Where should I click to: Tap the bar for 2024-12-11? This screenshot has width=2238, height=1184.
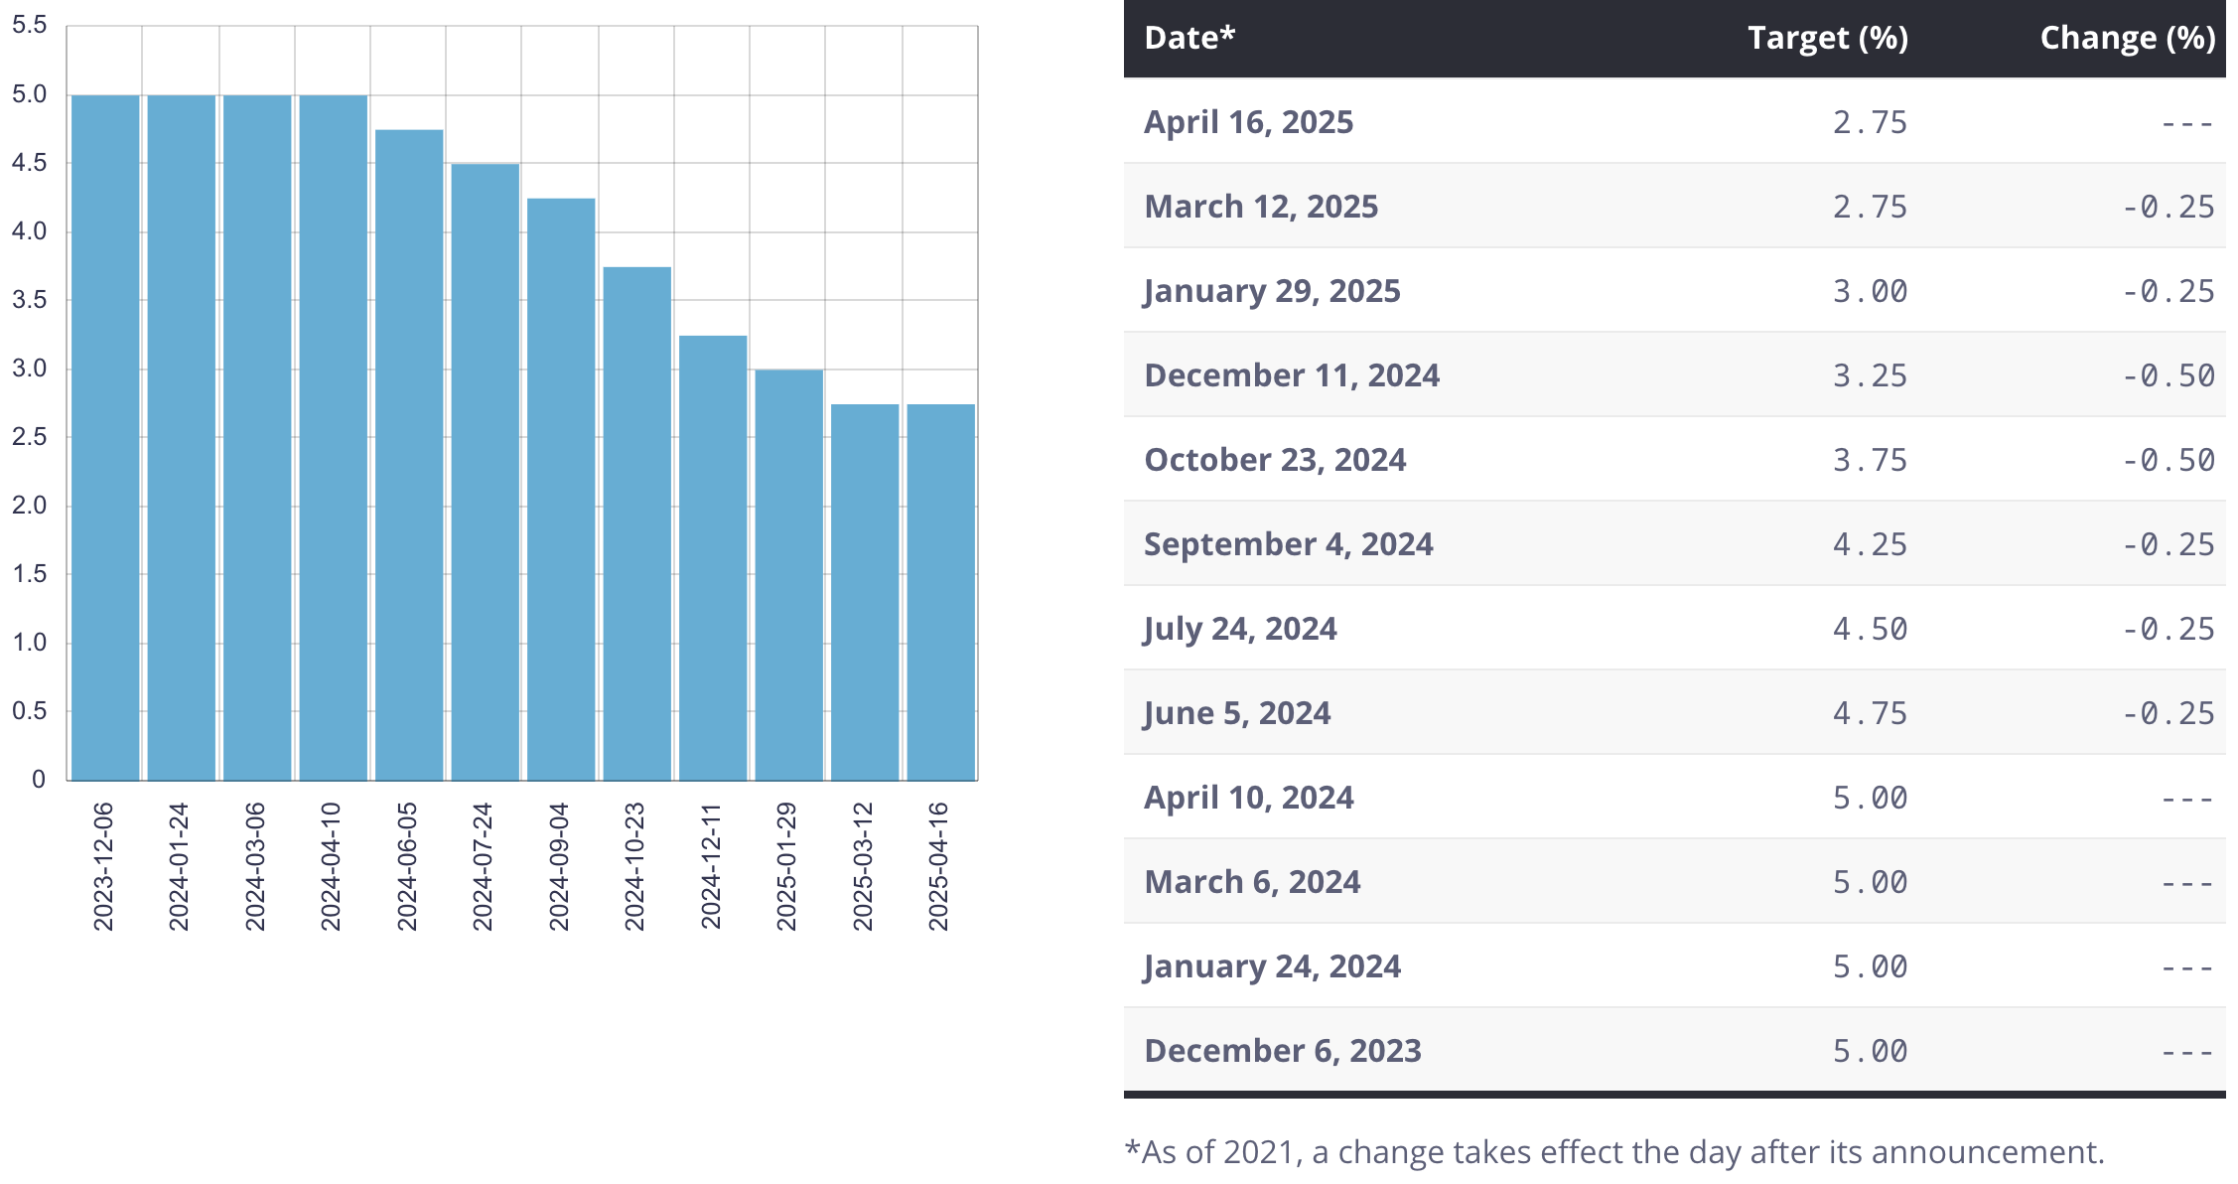pyautogui.click(x=713, y=558)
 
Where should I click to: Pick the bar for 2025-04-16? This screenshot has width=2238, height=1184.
pyautogui.click(x=940, y=592)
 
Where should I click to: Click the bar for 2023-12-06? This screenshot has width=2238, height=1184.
pyautogui.click(x=105, y=437)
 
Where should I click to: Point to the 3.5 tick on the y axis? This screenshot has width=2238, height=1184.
pyautogui.click(x=29, y=300)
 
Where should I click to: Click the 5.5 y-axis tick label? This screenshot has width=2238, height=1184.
pyautogui.click(x=29, y=25)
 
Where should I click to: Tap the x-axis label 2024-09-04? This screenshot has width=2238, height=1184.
pyautogui.click(x=559, y=867)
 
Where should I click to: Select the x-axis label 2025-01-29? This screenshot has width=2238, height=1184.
pyautogui.click(x=786, y=867)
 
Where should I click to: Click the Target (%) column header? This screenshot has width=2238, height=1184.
pyautogui.click(x=1827, y=38)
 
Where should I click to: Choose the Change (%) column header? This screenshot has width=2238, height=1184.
pyautogui.click(x=2127, y=38)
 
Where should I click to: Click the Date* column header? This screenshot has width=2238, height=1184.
pyautogui.click(x=1189, y=38)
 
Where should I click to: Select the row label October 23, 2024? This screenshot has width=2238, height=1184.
pyautogui.click(x=1275, y=460)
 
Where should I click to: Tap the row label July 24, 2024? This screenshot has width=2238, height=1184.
pyautogui.click(x=1240, y=629)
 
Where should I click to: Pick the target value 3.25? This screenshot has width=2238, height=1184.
pyautogui.click(x=1870, y=375)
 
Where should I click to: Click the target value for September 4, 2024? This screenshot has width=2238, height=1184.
pyautogui.click(x=1870, y=544)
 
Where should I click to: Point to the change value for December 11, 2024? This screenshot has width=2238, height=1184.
pyautogui.click(x=2168, y=375)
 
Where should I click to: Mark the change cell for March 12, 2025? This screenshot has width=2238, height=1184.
pyautogui.click(x=2168, y=207)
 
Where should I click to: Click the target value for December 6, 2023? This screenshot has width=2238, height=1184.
pyautogui.click(x=1870, y=1051)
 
